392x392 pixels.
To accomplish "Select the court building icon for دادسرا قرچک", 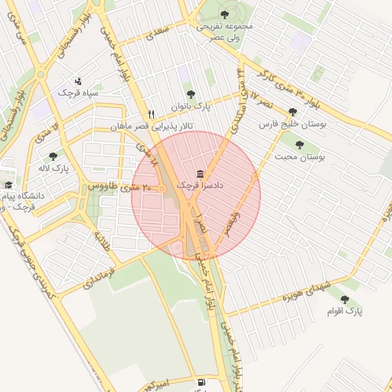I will pos(200,174).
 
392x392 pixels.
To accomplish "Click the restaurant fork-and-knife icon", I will pos(151,113).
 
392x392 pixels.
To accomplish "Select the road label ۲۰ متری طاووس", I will pos(113,187).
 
